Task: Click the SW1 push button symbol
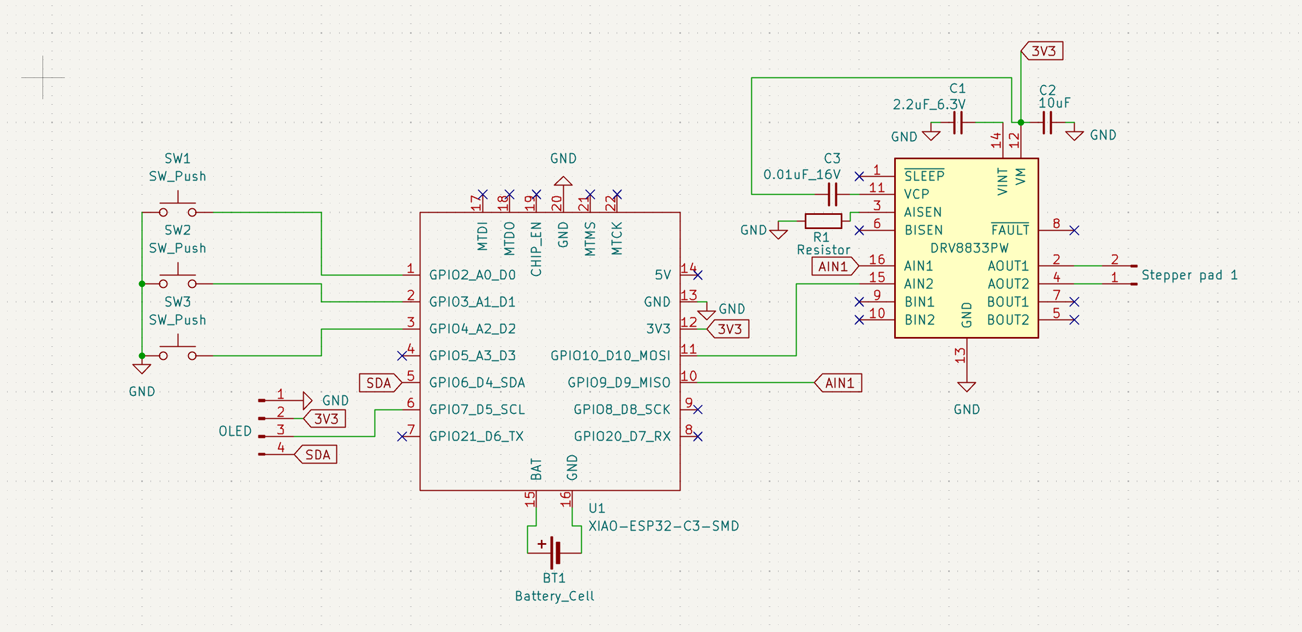point(178,210)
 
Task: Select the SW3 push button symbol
point(178,353)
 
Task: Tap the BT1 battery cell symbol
point(554,552)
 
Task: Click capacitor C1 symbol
point(958,123)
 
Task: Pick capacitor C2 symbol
point(1047,123)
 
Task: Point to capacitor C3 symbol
point(832,194)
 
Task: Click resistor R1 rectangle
point(823,221)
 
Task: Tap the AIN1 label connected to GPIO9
point(839,383)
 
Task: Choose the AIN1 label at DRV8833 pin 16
point(834,266)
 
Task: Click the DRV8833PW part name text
point(969,248)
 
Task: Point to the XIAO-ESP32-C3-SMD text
point(664,526)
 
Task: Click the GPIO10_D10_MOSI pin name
point(610,356)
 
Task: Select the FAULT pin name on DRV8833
point(1010,230)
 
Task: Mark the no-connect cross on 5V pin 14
point(698,275)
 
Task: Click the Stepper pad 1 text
point(1189,275)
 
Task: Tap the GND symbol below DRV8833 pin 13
point(966,387)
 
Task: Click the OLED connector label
point(235,431)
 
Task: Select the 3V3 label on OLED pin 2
point(325,419)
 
